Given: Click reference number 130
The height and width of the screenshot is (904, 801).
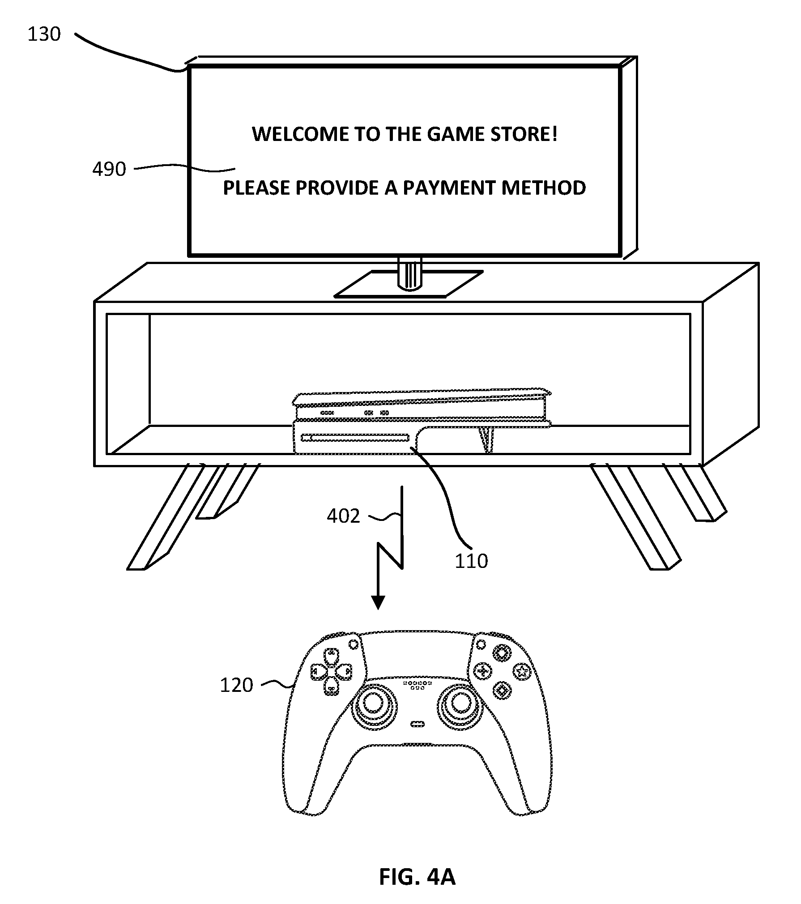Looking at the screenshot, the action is pos(44,34).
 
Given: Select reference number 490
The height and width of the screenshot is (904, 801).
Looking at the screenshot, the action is pos(109,169).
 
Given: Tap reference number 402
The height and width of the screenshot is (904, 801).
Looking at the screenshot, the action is pos(343,516).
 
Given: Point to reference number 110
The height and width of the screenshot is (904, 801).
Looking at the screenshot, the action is pos(471,561).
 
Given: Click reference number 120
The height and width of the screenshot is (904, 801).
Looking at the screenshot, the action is pos(236,685).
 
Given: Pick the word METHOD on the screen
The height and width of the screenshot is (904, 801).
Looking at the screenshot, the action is pos(544,188).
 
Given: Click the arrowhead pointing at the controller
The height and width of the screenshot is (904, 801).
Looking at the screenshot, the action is pos(378,603).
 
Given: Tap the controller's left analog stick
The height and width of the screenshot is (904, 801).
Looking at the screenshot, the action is pos(372,704).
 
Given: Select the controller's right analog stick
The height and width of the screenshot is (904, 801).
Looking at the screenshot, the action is pos(460,704).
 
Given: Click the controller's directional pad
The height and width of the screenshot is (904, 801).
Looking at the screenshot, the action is pos(331,672).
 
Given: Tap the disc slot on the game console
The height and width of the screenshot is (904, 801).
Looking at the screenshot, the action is pos(355,438).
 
